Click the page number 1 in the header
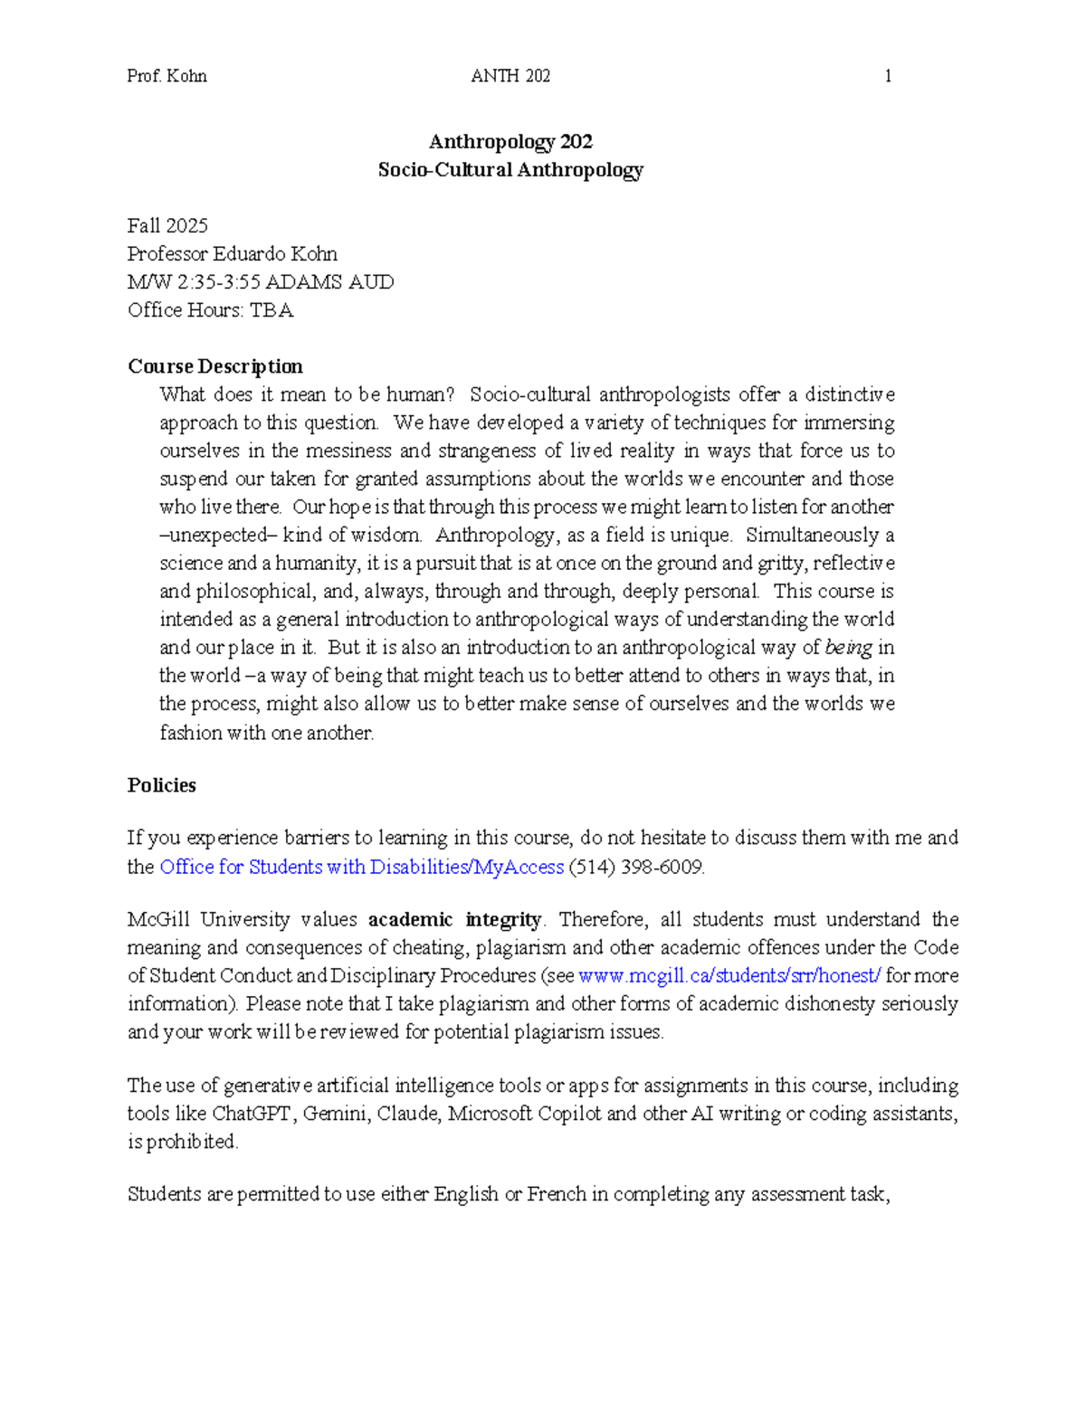pos(888,76)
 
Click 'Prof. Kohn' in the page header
pos(167,76)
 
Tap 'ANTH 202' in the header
pos(510,76)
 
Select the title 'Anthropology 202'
pos(510,141)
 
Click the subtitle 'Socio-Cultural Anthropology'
pos(510,170)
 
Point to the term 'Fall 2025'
pos(167,225)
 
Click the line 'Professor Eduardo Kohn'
pos(233,253)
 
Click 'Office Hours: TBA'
pos(210,310)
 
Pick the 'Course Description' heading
pos(215,366)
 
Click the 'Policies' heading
pos(162,785)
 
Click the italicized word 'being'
pos(849,648)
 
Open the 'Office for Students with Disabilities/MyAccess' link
pos(361,867)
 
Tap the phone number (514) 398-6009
pos(636,867)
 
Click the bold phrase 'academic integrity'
pos(454,920)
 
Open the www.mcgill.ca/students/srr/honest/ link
pos(729,976)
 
